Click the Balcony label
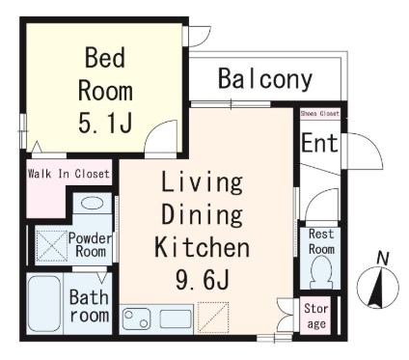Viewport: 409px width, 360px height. [x=265, y=79]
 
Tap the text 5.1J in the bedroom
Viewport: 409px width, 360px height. [x=105, y=123]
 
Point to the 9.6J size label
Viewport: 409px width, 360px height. [x=203, y=279]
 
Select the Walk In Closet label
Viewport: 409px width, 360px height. [x=68, y=174]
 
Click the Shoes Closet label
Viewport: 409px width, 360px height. [x=319, y=114]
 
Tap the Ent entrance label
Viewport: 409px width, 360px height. [x=319, y=143]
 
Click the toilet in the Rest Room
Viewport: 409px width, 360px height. [x=320, y=273]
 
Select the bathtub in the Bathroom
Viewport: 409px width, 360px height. [x=44, y=303]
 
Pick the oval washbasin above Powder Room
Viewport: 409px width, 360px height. [x=92, y=204]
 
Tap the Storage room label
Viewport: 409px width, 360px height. [x=316, y=316]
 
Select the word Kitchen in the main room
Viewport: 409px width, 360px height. [x=203, y=247]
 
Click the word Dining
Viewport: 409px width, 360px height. [x=203, y=214]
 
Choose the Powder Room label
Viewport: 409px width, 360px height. [x=91, y=244]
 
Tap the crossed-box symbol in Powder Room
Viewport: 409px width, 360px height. [x=51, y=245]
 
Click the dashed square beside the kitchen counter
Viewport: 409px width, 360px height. [x=213, y=317]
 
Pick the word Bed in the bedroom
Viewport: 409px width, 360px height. [x=105, y=57]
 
